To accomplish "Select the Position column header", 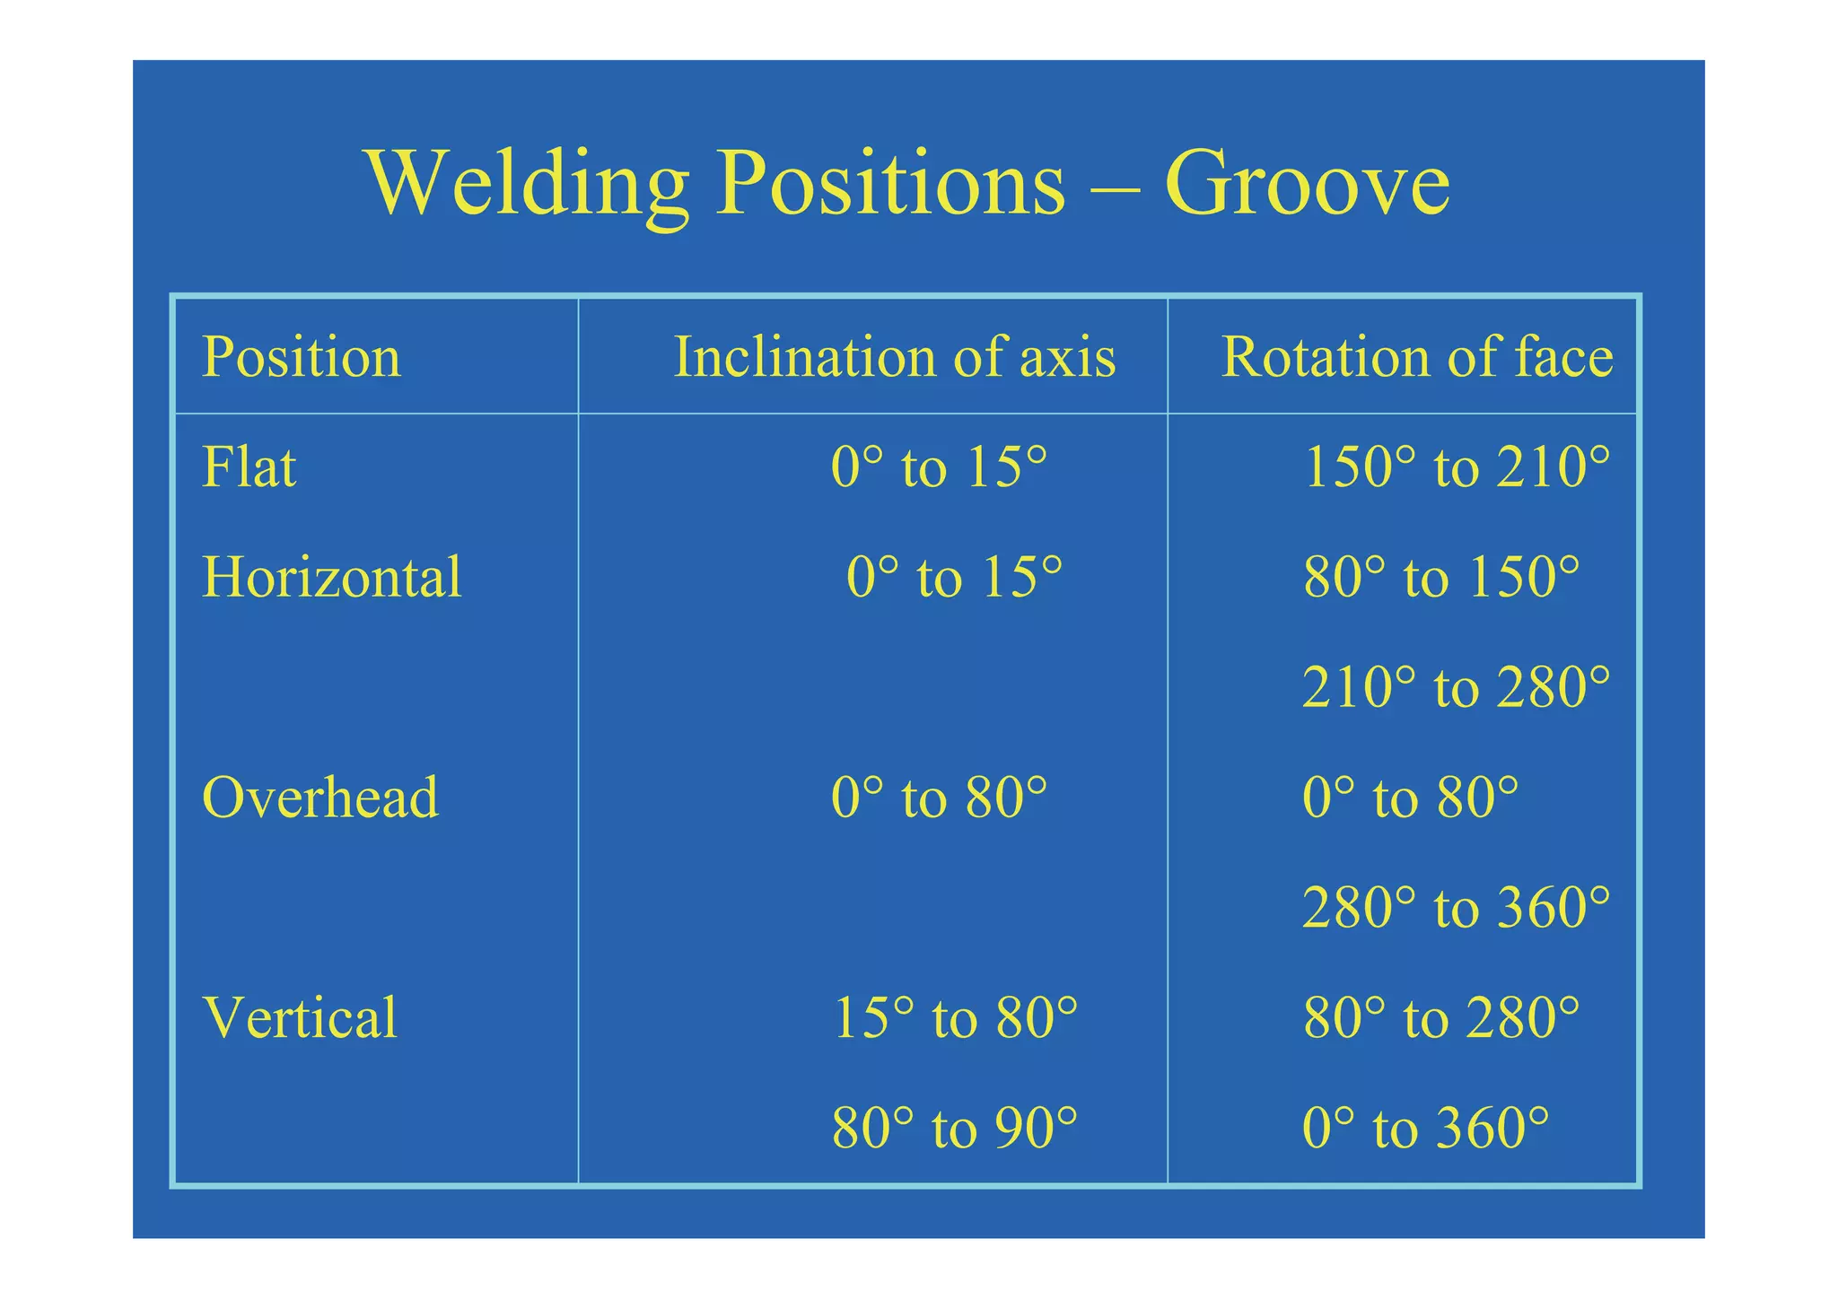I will tap(302, 356).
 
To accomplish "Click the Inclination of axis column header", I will tap(895, 356).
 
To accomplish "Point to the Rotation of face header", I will tap(1417, 356).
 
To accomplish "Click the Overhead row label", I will tap(320, 797).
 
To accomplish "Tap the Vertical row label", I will tap(301, 1017).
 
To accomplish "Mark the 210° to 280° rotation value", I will tap(1456, 687).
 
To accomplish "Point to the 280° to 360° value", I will tap(1456, 907).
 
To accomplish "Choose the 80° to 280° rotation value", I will tap(1441, 1017).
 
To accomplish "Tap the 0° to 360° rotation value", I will tap(1425, 1128).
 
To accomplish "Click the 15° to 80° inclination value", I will tap(955, 1017).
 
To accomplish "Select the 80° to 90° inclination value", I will tap(955, 1128).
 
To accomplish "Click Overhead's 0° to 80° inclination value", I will tap(939, 797).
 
